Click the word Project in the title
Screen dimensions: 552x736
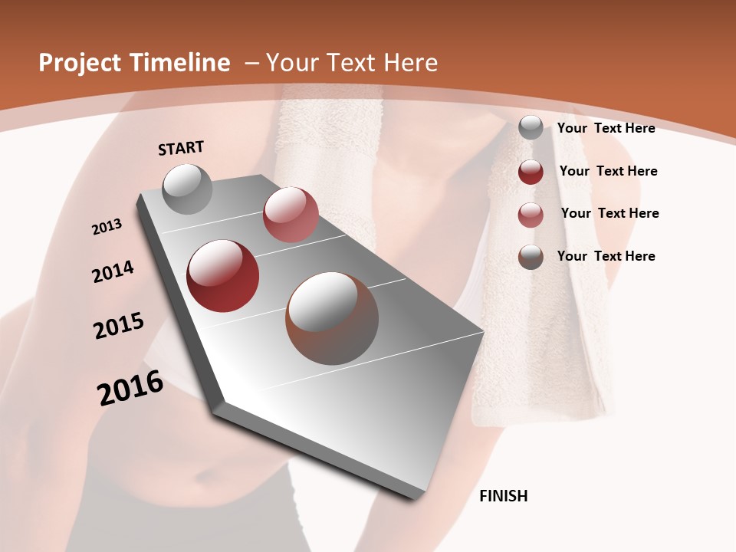pos(80,63)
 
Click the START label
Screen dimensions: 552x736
pos(181,148)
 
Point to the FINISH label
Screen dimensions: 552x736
pos(504,496)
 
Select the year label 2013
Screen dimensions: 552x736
pos(107,227)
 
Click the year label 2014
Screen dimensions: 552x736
pos(113,271)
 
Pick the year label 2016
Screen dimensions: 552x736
pos(130,388)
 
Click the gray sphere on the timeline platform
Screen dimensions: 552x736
pos(188,189)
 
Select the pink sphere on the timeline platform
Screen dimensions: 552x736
pos(291,215)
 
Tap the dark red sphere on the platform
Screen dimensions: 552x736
pos(223,276)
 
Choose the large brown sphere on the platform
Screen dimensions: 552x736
pos(332,318)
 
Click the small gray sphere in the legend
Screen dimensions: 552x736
pos(531,128)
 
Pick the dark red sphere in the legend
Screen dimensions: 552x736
pos(531,172)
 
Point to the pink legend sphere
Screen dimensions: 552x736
pos(531,215)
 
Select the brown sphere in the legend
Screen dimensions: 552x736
pos(531,257)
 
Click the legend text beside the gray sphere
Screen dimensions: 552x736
pos(606,128)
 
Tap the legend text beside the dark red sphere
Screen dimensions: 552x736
pos(608,171)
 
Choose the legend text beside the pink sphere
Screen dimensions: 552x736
pos(609,213)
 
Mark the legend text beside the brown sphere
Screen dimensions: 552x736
pos(606,256)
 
